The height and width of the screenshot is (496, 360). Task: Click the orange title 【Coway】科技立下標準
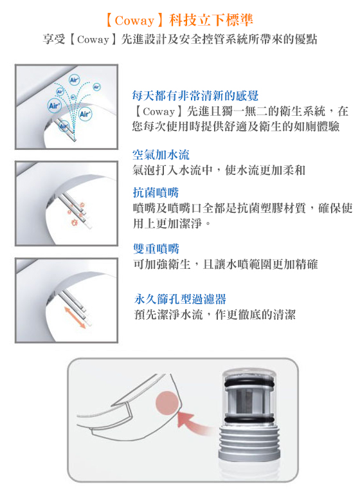coord(179,20)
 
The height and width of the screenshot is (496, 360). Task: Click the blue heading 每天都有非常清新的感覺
coord(195,95)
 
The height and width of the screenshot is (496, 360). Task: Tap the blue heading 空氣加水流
coord(161,154)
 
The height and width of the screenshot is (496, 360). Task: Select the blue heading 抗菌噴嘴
coord(156,192)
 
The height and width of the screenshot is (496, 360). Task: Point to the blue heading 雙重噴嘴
coord(156,248)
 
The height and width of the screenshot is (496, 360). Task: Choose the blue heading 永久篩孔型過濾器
coord(180,299)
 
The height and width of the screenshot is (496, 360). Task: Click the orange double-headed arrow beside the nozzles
coord(75,317)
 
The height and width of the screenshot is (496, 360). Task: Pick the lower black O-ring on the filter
coord(249,419)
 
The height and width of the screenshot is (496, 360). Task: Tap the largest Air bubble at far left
coord(54,106)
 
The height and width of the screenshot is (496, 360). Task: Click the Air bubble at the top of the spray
coord(74,80)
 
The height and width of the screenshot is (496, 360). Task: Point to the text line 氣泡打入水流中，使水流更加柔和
coord(219,170)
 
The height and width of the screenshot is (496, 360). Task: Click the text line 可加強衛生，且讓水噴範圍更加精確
coord(226,264)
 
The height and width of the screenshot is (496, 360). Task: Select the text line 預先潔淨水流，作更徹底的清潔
coord(215,315)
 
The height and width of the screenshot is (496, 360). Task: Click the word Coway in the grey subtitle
coord(93,39)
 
